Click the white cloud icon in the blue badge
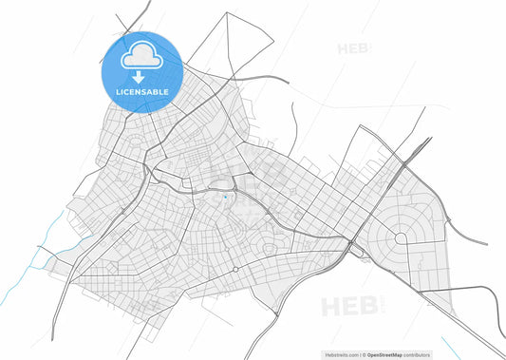click(142, 56)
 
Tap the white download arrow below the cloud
click(142, 77)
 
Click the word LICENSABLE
click(142, 92)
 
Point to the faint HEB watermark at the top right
click(353, 48)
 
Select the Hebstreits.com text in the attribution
click(337, 353)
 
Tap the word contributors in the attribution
click(428, 353)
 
